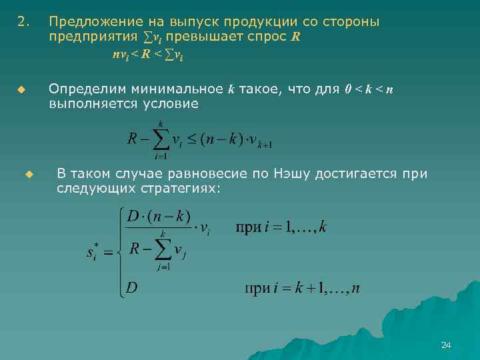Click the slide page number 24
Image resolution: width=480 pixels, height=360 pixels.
click(446, 345)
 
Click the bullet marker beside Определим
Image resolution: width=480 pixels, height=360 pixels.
click(21, 89)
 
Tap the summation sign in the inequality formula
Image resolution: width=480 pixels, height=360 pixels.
click(159, 139)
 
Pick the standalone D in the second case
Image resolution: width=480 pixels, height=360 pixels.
click(132, 289)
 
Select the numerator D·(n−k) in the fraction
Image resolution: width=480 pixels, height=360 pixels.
click(159, 217)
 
